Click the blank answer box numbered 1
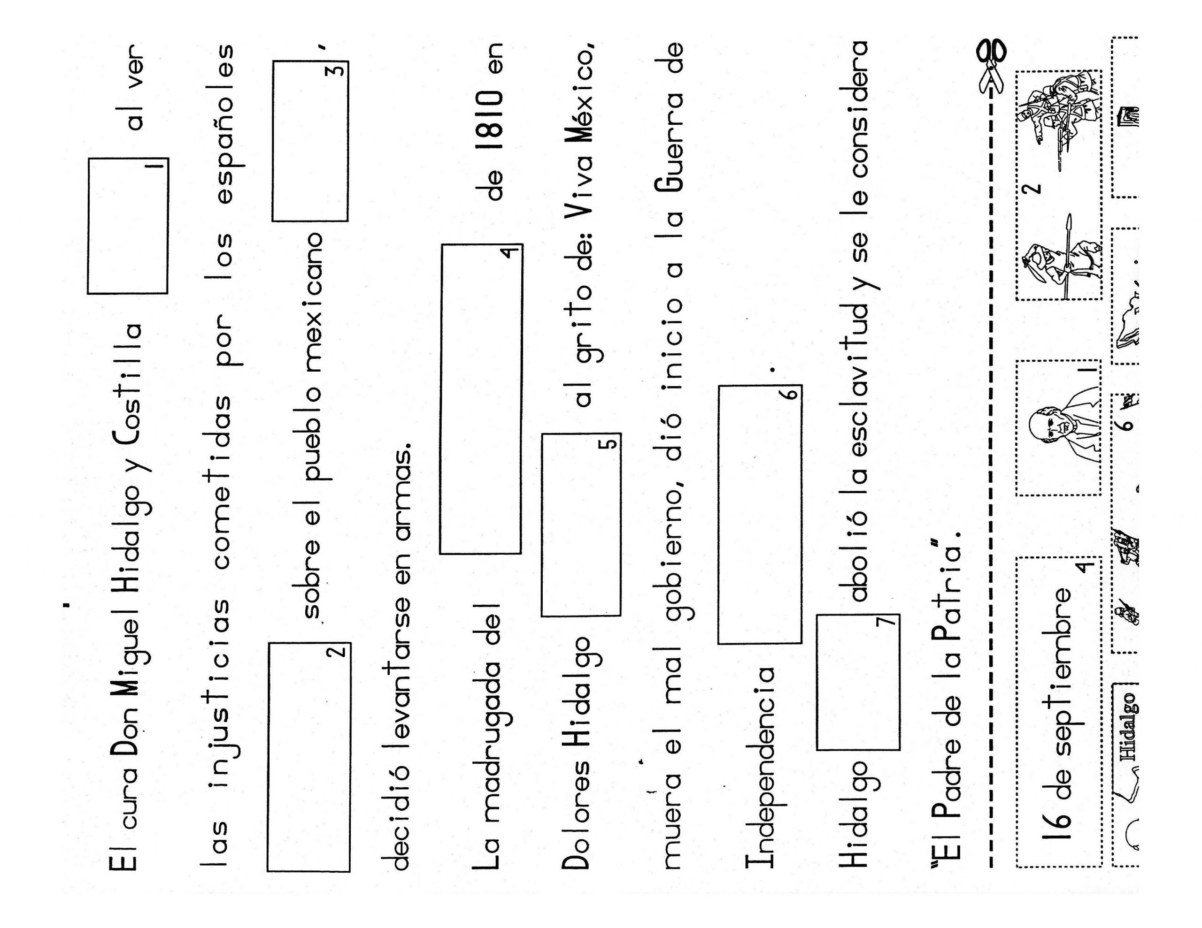tap(128, 226)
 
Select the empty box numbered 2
tap(309, 757)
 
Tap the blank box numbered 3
tap(310, 141)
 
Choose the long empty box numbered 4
tap(480, 399)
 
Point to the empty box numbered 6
tap(760, 514)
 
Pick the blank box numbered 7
tap(858, 682)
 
